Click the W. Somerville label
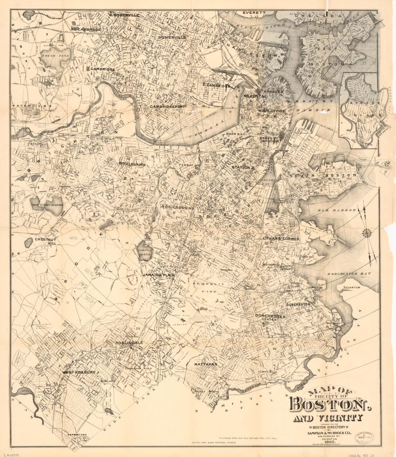pyautogui.click(x=124, y=15)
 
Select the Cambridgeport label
pyautogui.click(x=167, y=107)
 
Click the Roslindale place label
pyautogui.click(x=129, y=343)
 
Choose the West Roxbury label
pyautogui.click(x=79, y=372)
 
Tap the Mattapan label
pyautogui.click(x=206, y=365)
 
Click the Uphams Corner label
pyautogui.click(x=281, y=239)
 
